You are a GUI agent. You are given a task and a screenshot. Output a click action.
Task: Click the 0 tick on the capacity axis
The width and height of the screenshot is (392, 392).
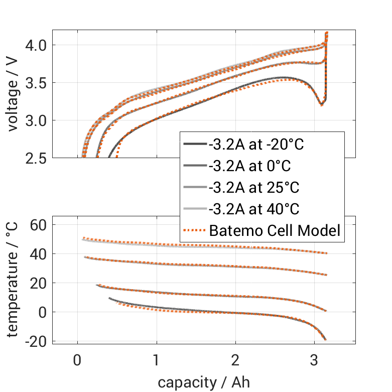77,361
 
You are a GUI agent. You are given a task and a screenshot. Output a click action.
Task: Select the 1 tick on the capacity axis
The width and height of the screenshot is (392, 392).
157,361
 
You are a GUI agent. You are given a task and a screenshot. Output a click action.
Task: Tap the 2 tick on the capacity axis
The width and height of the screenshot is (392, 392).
235,361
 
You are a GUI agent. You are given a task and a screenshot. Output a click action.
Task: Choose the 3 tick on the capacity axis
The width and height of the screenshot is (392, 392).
314,361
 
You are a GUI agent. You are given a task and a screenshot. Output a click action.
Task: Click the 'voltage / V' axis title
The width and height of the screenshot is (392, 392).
13,94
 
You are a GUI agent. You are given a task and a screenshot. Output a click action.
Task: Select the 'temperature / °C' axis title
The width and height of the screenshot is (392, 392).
13,280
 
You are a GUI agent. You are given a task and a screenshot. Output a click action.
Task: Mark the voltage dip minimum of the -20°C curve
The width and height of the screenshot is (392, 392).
321,104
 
